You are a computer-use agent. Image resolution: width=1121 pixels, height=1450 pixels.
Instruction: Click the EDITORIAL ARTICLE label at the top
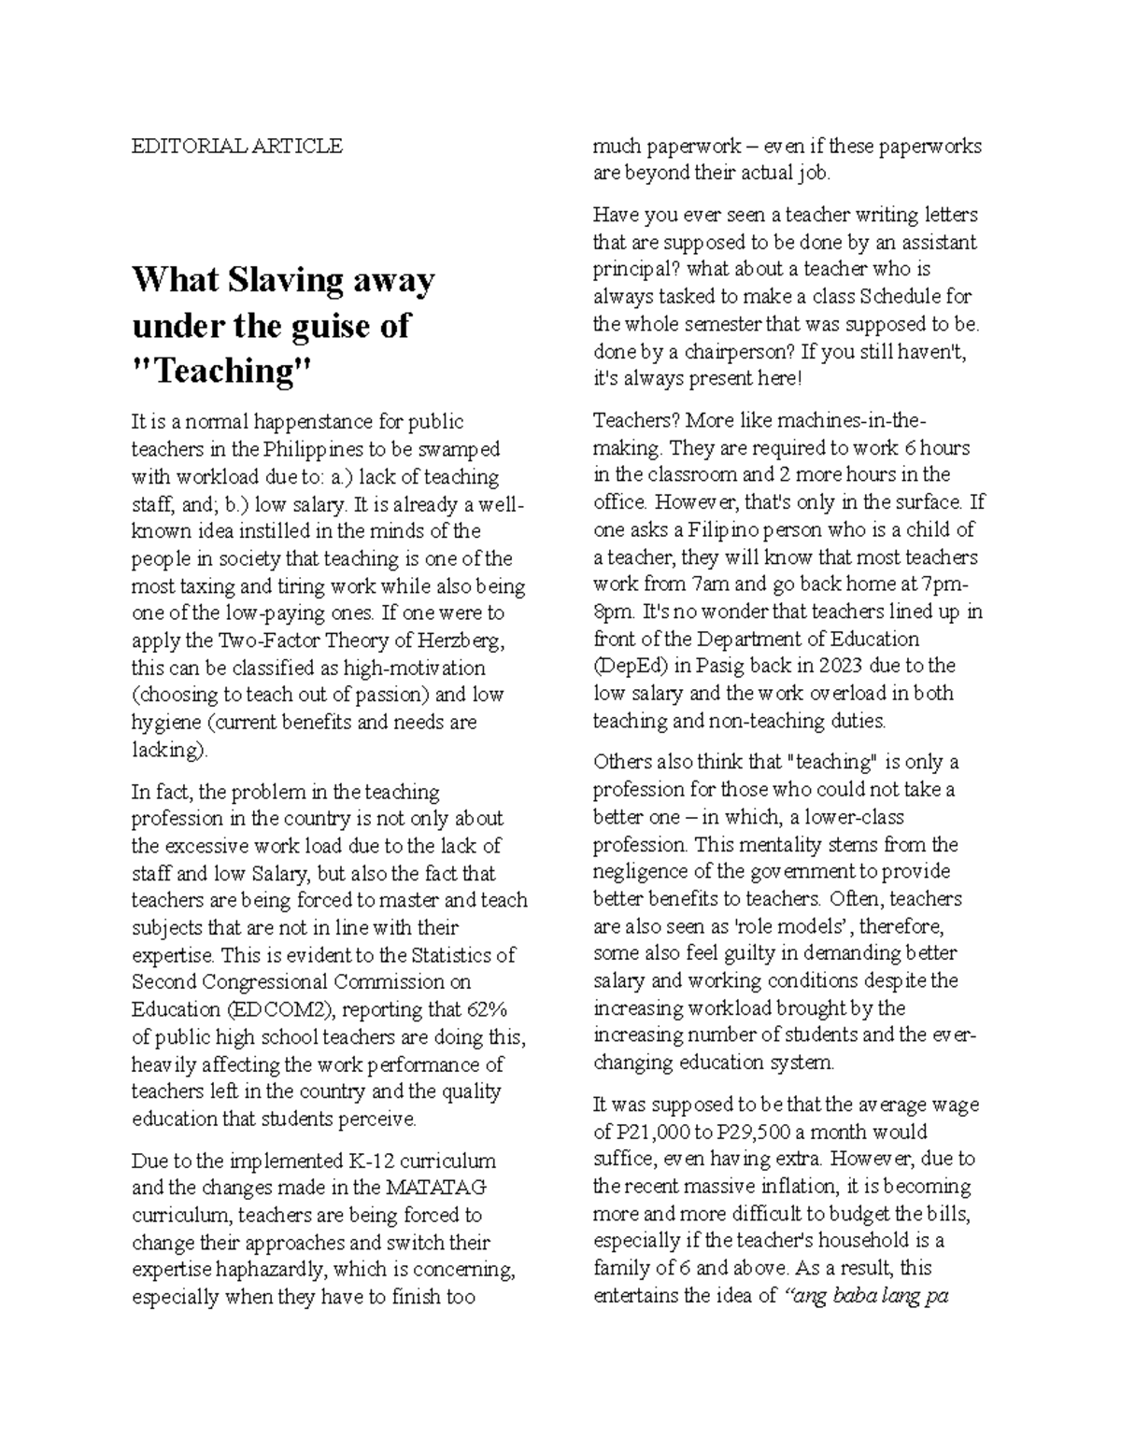(x=237, y=146)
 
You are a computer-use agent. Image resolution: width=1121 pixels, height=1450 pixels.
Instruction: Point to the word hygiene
(x=164, y=723)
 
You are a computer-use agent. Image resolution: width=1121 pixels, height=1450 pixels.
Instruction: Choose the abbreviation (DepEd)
(x=631, y=667)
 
